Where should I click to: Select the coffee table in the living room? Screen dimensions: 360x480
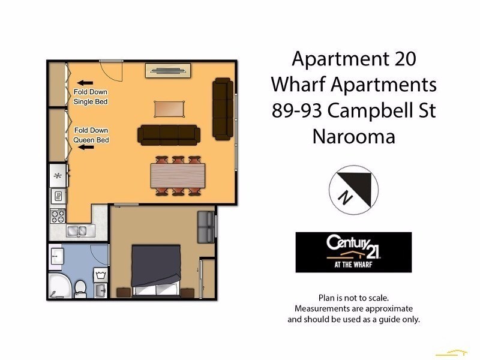point(169,109)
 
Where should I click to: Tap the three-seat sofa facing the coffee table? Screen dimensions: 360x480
point(169,134)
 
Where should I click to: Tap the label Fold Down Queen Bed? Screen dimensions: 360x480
point(91,135)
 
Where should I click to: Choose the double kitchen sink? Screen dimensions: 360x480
point(77,230)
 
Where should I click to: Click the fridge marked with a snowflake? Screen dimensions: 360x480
point(58,176)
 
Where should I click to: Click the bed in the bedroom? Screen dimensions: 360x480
point(156,271)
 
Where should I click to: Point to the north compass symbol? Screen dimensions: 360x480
point(353,188)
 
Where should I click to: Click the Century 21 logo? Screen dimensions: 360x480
point(353,252)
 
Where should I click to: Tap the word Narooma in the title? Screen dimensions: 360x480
point(353,137)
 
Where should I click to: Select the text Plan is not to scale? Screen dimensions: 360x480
point(353,298)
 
